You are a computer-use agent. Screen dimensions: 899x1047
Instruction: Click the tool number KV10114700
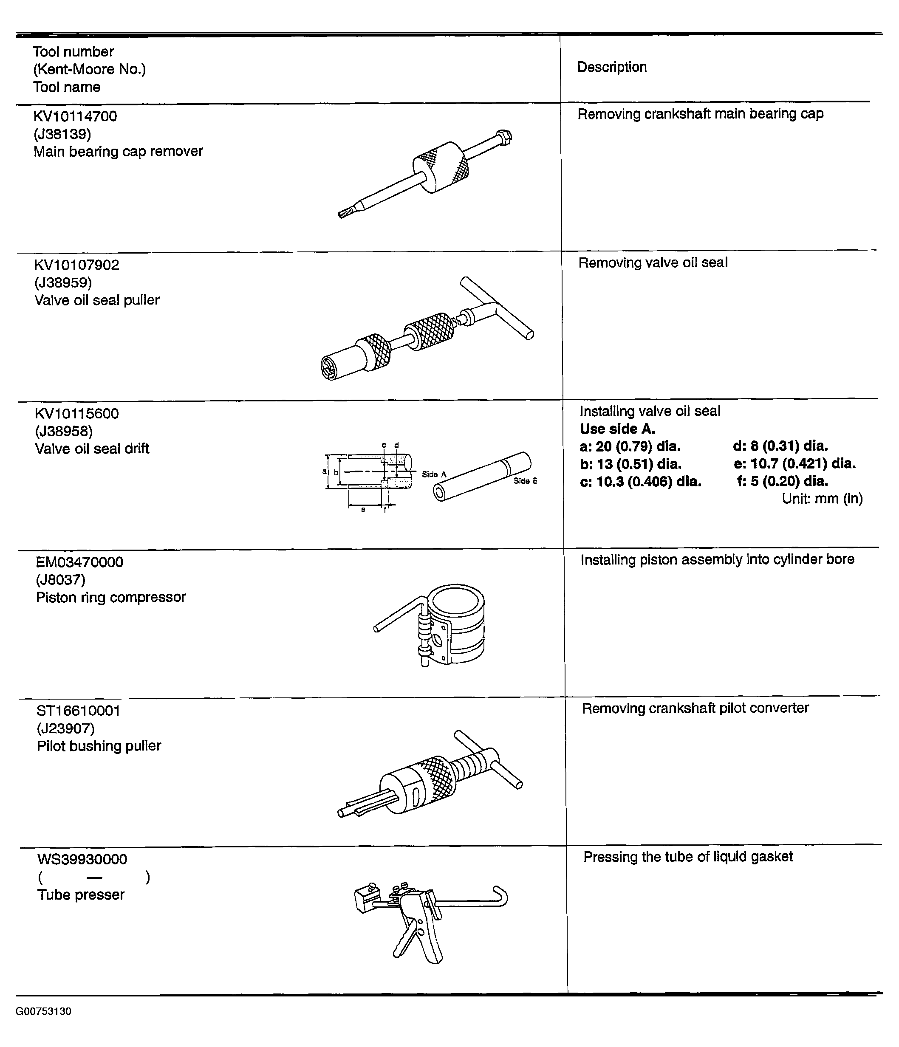pyautogui.click(x=75, y=116)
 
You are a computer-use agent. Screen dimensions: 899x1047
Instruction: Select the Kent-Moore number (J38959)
pyautogui.click(x=63, y=282)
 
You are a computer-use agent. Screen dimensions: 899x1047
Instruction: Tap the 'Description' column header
pyautogui.click(x=612, y=67)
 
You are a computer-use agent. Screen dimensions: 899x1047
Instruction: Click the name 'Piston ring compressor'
pyautogui.click(x=110, y=597)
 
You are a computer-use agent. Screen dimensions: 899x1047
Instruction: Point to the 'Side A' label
pyautogui.click(x=434, y=474)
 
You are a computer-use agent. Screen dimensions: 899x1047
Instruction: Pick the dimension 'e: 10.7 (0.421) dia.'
pyautogui.click(x=794, y=463)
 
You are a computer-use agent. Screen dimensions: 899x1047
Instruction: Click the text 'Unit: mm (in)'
pyautogui.click(x=822, y=499)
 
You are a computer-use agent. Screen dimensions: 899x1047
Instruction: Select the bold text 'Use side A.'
pyautogui.click(x=617, y=429)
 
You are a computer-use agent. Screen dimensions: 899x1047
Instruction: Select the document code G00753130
pyautogui.click(x=43, y=1011)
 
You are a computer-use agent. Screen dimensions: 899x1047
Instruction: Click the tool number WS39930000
pyautogui.click(x=82, y=859)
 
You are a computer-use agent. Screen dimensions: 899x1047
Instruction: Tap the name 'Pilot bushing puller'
pyautogui.click(x=99, y=746)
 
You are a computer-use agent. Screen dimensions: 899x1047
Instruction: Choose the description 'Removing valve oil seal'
pyautogui.click(x=653, y=263)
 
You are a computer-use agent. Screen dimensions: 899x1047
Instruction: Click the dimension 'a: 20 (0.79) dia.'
pyautogui.click(x=630, y=447)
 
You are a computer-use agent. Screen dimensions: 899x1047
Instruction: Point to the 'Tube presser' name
pyautogui.click(x=81, y=895)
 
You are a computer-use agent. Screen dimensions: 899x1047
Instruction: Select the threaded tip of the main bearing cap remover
pyautogui.click(x=346, y=213)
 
